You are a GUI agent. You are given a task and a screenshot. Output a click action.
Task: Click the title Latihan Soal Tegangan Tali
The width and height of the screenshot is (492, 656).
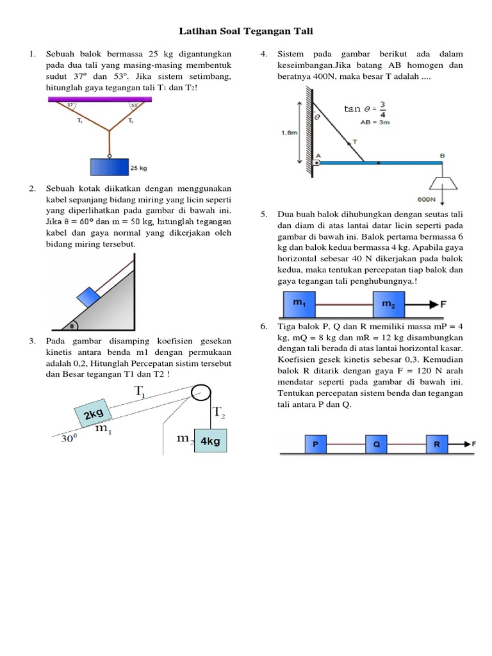pyautogui.click(x=246, y=31)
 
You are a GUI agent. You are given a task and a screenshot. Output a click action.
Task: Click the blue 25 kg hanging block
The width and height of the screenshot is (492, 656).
pyautogui.click(x=110, y=167)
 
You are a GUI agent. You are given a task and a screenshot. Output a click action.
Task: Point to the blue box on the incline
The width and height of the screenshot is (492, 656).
pyautogui.click(x=87, y=297)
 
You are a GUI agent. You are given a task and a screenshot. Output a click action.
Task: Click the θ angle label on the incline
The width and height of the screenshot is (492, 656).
pyautogui.click(x=73, y=325)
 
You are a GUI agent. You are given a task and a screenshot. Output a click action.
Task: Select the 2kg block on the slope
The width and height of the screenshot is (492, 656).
pyautogui.click(x=94, y=415)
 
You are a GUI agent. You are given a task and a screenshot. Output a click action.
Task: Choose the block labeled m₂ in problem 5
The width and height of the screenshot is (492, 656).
pyautogui.click(x=389, y=304)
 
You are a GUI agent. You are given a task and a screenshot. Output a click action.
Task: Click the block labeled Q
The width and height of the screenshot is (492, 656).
pyautogui.click(x=377, y=443)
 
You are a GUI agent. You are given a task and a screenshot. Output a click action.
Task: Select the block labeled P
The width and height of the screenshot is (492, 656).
pyautogui.click(x=315, y=443)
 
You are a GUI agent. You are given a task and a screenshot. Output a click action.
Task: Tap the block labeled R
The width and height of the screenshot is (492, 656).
pyautogui.click(x=437, y=443)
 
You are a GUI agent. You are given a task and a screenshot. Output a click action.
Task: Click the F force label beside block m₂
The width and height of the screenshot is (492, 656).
pyautogui.click(x=443, y=304)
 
